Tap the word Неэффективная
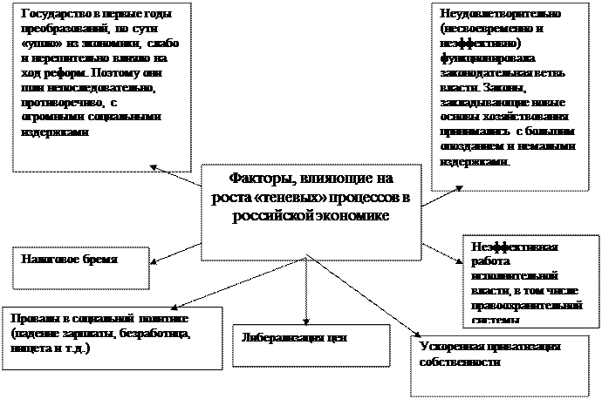pyautogui.click(x=514, y=246)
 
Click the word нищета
pyautogui.click(x=29, y=347)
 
